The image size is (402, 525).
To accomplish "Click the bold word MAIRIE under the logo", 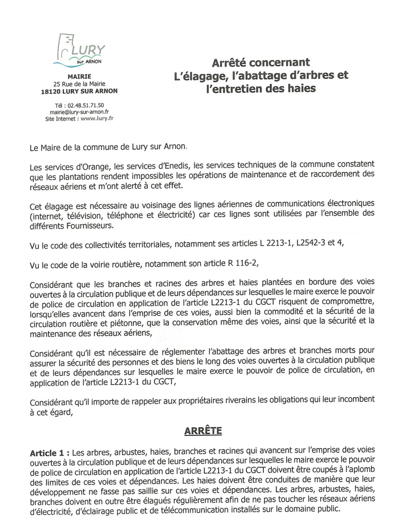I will (82, 76).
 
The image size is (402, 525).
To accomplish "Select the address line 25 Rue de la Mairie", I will (82, 84).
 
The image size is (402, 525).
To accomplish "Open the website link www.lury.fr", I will (97, 117).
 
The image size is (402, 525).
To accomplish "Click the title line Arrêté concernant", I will (261, 63).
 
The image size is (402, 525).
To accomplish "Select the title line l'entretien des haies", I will (261, 88).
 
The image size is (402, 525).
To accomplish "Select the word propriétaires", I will (216, 399).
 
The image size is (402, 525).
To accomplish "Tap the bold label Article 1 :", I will (50, 453).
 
